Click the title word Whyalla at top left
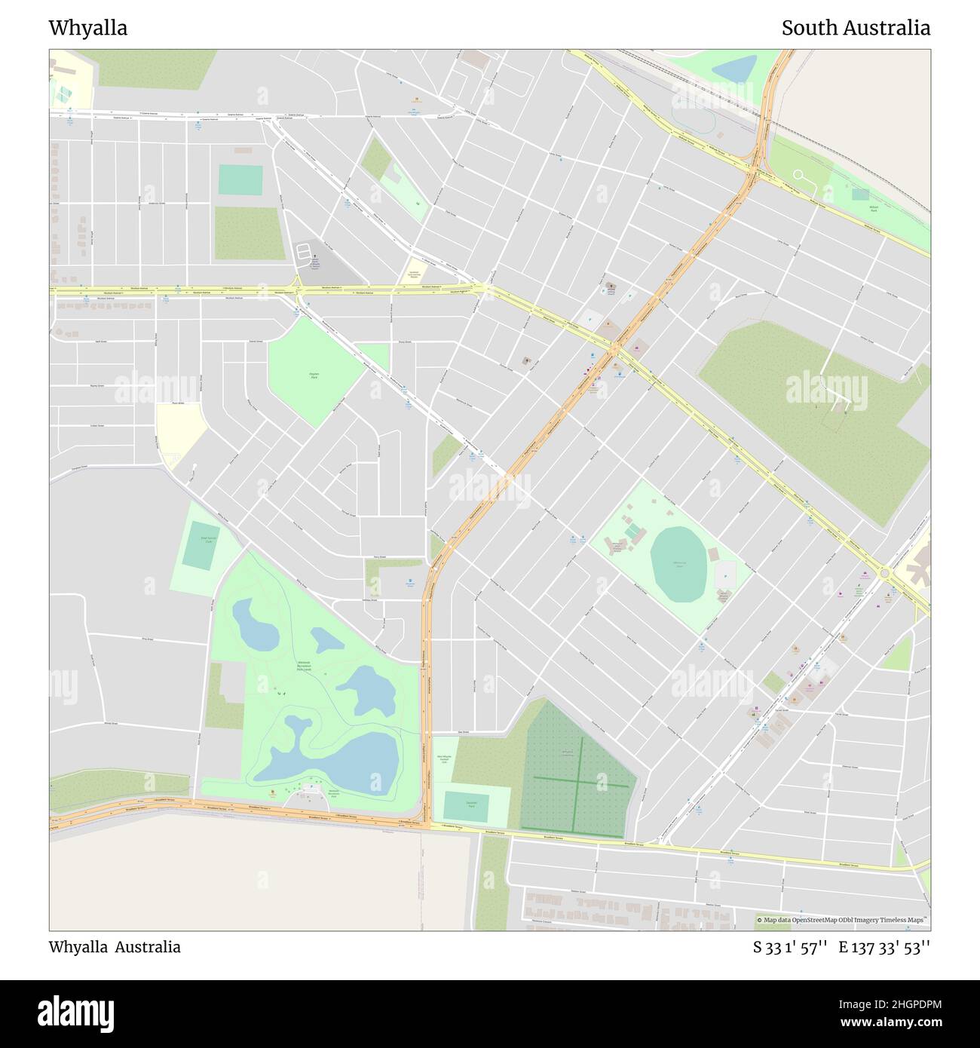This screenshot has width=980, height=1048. coord(88,28)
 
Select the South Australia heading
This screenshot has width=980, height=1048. coord(855,28)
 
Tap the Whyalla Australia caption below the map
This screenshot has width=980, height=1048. coord(115,947)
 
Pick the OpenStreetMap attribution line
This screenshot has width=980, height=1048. coord(843,920)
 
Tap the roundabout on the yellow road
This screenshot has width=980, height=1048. coord(886,575)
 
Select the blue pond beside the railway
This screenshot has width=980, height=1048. coord(733,69)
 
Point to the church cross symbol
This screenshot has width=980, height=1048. coord(314,258)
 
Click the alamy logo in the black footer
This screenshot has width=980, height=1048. coord(75,1013)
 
